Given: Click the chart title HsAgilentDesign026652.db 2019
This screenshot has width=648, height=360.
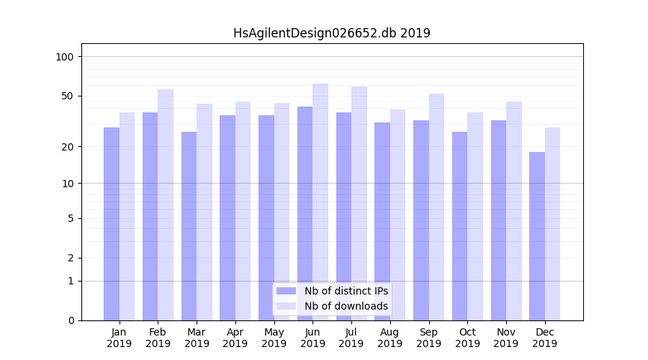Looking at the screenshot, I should point(331,33).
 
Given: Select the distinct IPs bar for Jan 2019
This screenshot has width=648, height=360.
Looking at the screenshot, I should point(112,224).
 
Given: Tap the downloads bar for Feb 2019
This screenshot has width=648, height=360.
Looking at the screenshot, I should point(166,204).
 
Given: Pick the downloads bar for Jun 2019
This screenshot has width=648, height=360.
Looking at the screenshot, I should point(320,202).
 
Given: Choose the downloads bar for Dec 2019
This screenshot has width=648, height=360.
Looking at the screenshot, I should point(552,224).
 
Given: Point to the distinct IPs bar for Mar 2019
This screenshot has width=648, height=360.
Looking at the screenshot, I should point(189,226).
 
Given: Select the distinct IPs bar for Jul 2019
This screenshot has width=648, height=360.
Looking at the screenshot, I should point(343,216).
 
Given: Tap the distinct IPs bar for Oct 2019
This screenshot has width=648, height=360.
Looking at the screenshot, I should point(459,226).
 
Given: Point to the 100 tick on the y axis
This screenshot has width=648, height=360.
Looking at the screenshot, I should point(64,57).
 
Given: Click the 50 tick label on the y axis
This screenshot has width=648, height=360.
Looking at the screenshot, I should point(67,96).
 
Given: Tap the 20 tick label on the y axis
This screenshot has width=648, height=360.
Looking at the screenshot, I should point(67,147).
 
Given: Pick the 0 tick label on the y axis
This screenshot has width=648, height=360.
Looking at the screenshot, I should point(71,320).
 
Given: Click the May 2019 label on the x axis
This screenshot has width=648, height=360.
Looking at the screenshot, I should point(274,338).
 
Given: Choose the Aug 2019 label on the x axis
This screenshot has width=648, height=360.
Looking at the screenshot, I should point(390,338).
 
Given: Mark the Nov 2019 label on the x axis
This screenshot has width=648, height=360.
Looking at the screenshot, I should point(505,338).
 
